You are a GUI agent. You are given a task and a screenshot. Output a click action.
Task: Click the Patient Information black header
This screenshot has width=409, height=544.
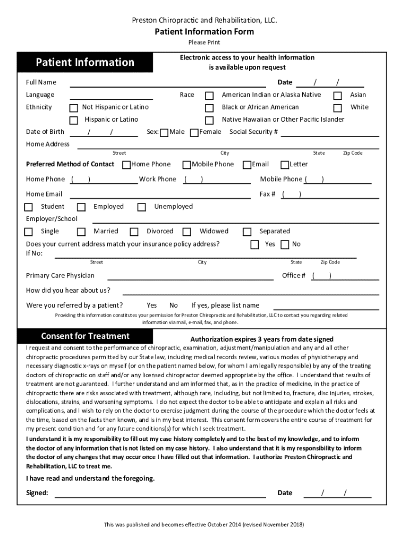click(85, 63)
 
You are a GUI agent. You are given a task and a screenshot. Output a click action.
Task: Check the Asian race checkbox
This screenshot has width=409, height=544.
click(337, 96)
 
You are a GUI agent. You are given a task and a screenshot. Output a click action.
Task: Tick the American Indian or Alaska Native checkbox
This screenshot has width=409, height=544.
click(210, 96)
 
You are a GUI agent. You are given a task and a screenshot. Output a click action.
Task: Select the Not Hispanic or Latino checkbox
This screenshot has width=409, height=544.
click(74, 108)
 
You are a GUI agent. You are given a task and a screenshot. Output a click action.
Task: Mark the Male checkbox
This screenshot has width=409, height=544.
click(164, 132)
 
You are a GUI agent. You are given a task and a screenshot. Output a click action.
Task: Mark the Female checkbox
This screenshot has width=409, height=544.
click(194, 132)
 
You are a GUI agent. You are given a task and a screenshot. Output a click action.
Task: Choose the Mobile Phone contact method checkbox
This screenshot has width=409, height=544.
click(186, 165)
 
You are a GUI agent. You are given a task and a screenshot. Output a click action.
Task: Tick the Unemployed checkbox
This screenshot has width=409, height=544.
click(142, 207)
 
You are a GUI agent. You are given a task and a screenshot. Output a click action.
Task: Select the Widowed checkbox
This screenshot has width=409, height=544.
click(186, 232)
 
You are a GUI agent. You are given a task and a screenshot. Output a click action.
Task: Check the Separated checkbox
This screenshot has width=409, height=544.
click(247, 232)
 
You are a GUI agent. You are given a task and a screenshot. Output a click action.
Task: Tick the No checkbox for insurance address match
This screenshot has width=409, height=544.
click(285, 244)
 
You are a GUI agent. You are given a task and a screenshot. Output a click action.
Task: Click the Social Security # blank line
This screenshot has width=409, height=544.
click(329, 135)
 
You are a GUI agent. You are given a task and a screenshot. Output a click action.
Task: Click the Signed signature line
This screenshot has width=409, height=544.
click(161, 496)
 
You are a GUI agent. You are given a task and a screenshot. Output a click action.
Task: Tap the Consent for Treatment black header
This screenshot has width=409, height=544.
click(85, 336)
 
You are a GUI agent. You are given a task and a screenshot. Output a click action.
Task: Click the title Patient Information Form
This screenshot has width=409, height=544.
click(204, 32)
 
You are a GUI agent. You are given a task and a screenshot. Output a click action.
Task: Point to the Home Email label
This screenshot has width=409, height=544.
click(44, 194)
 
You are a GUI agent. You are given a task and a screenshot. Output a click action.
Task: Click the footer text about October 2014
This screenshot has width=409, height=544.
click(204, 525)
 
